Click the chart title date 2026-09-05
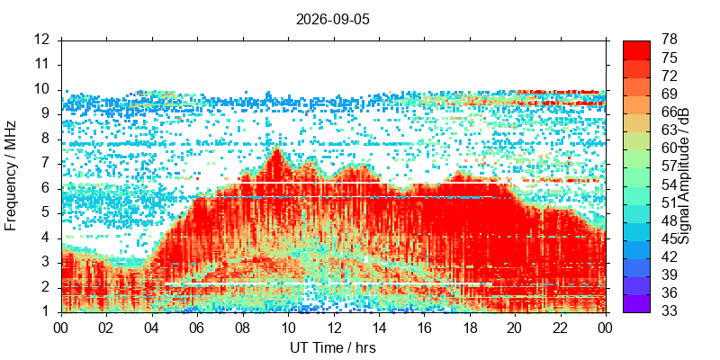pos(332,20)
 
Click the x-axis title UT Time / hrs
pos(332,347)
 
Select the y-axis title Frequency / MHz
pos(11,175)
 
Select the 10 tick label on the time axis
pos(287,328)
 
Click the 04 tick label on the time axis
pos(151,328)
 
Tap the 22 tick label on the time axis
pos(561,328)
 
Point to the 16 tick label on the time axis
pos(424,328)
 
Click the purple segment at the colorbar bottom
pos(636,303)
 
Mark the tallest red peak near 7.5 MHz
pos(276,150)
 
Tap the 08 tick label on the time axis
pos(242,328)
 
